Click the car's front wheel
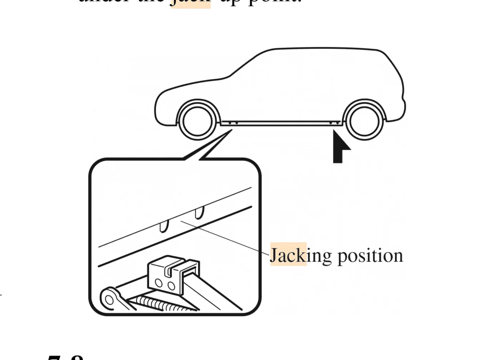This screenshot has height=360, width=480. click(x=197, y=121)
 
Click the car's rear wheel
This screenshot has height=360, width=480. click(x=364, y=121)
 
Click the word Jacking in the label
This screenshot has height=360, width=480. click(x=288, y=256)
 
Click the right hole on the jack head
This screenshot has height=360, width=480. click(x=171, y=286)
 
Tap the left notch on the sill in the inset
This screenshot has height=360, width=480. click(x=164, y=226)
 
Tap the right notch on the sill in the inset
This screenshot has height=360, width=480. click(x=199, y=213)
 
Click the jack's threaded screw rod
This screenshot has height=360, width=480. click(x=161, y=304)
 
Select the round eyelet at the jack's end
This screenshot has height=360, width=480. click(x=109, y=299)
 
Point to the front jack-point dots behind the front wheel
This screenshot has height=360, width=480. click(x=233, y=123)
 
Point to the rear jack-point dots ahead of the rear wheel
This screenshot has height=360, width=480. click(x=334, y=123)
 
